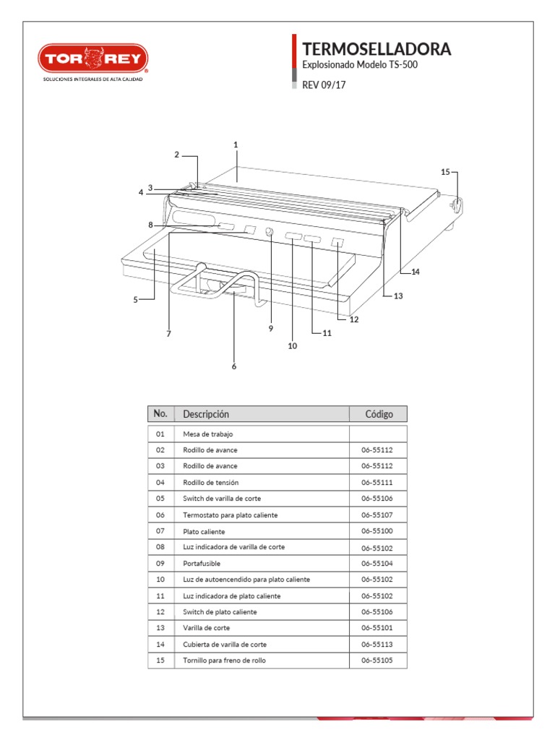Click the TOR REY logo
[93, 59]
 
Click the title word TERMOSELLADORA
[377, 49]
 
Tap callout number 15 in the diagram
[445, 172]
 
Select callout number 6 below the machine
[234, 366]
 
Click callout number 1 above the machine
[236, 145]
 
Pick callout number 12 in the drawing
[353, 319]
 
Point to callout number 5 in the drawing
[135, 300]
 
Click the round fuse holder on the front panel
[269, 233]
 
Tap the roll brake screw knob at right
[456, 205]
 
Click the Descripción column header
[206, 414]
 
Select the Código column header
[379, 414]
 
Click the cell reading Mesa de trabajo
[208, 434]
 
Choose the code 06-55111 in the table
[377, 482]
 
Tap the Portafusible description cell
[202, 563]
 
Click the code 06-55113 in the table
[377, 644]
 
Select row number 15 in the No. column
[160, 661]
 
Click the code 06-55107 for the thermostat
[377, 515]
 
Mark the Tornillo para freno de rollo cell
[224, 661]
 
